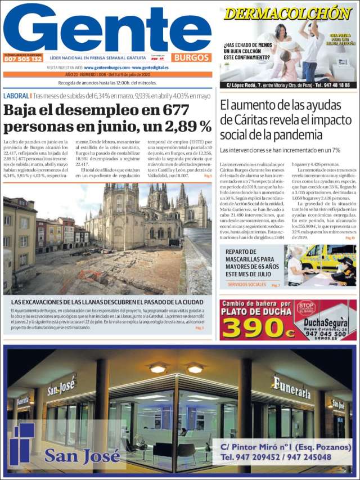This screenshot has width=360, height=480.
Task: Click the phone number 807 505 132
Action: click(x=23, y=59)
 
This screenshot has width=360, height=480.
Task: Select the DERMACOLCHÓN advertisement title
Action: click(x=287, y=13)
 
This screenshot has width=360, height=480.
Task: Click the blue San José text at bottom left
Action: click(x=75, y=456)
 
